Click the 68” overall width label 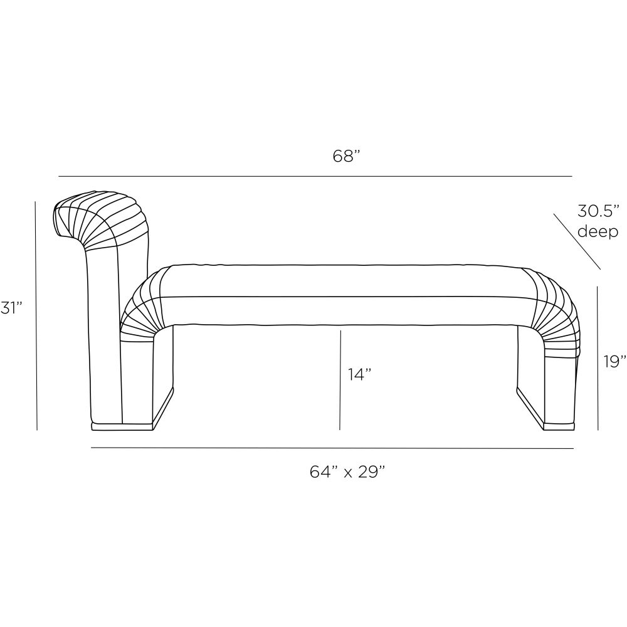coord(347,156)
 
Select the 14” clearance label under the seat coord(359,375)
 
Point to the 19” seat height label coord(615,361)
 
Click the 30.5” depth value coord(598,211)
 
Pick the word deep coord(598,231)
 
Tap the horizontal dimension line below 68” coord(315,176)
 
